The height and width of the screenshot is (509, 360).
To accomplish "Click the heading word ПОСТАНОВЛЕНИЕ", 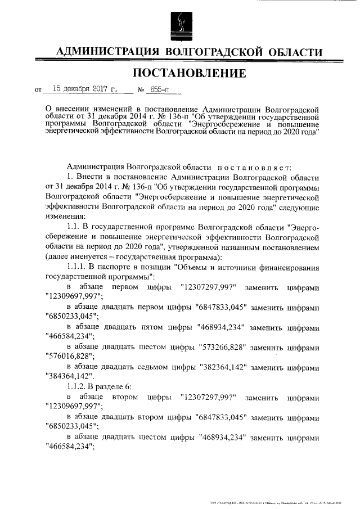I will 190,74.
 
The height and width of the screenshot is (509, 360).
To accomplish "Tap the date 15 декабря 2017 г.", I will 85,89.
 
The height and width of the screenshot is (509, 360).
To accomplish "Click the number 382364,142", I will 223,366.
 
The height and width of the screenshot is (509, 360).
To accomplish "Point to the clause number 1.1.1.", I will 78,267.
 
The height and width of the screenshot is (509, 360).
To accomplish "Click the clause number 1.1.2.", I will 78,386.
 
